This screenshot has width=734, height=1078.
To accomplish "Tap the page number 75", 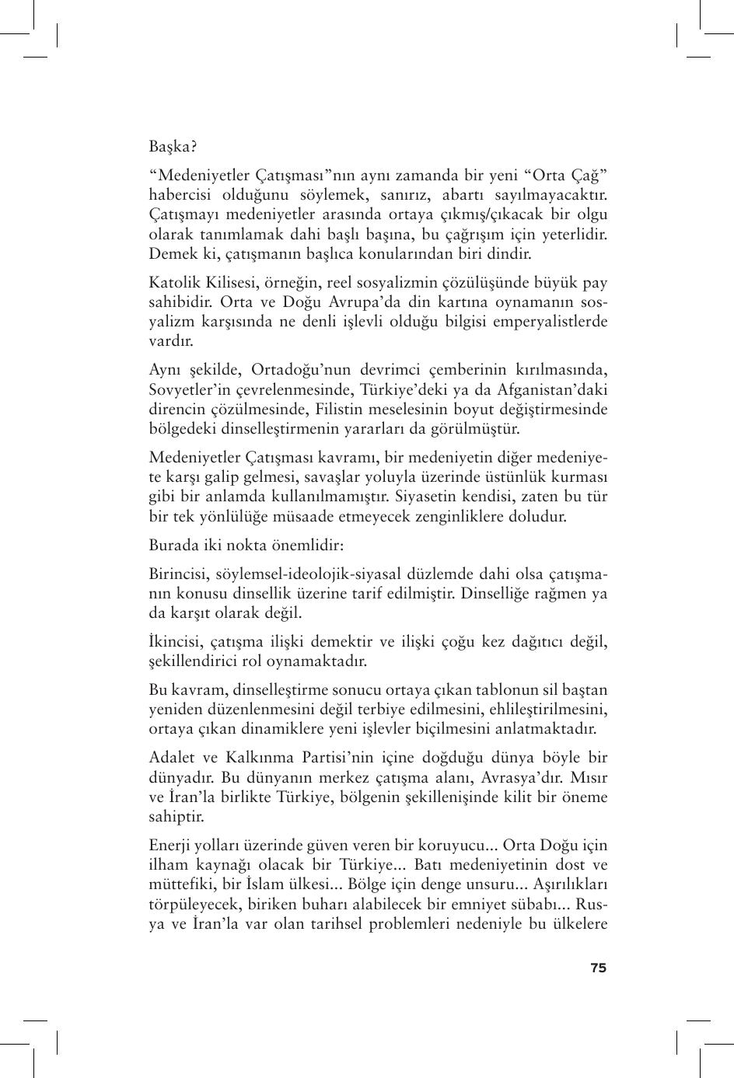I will coord(598,968).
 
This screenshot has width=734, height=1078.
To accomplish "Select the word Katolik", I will coord(173,282).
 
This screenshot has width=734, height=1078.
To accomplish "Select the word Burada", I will coord(173,546).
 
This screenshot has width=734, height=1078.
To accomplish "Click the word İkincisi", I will coord(176,642).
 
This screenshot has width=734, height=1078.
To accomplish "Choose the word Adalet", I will coord(172,758).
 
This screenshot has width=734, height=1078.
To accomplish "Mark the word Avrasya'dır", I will coord(527,777).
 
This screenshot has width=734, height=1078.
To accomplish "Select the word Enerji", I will coord(170,845).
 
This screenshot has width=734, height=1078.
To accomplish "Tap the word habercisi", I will coord(181,194).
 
